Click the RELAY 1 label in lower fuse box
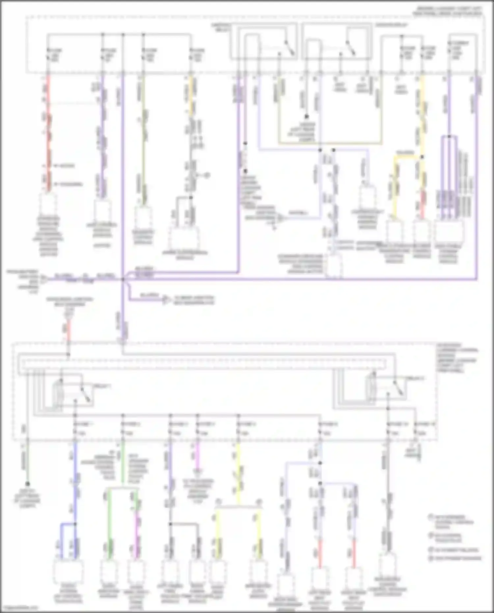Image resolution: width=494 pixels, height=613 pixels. coord(101,386)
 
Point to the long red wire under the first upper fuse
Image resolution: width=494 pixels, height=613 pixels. coord(48,132)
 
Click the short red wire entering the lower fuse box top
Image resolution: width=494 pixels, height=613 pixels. coord(68,333)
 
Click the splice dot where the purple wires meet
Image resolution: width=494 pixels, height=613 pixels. coord(123,279)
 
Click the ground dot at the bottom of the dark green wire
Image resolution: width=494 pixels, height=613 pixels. coord(28,484)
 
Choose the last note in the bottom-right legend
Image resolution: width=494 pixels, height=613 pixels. coord(456,558)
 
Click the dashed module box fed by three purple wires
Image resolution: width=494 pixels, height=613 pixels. coord(449,232)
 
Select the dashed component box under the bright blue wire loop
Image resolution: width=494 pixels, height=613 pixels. coord(68,573)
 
